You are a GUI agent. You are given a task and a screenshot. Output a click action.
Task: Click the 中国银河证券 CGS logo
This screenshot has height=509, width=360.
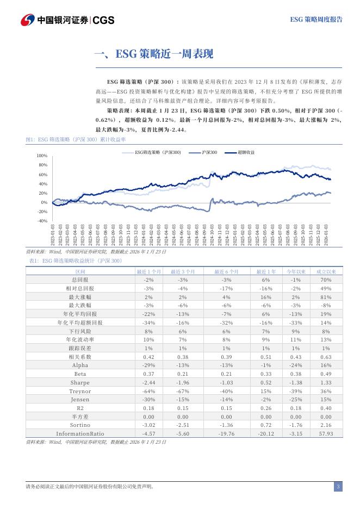67,20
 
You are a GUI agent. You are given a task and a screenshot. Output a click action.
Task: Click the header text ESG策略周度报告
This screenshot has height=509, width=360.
316,20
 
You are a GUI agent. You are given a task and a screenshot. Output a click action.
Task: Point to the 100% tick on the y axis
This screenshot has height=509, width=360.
42,156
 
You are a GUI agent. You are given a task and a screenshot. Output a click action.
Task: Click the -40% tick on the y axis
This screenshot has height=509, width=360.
42,221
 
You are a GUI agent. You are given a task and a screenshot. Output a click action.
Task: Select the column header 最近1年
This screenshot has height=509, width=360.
266,271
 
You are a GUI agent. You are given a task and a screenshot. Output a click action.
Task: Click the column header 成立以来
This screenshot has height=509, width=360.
326,271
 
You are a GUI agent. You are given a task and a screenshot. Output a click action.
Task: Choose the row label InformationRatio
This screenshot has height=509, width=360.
80,433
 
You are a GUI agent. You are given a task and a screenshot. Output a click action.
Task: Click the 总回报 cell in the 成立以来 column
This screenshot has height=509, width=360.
326,279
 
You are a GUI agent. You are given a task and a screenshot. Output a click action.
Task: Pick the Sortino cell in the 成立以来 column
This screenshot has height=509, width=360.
326,425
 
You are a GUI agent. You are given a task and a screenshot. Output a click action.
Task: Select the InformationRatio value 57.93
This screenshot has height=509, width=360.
326,433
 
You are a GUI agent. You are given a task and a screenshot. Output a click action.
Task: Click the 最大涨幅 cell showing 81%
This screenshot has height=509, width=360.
326,297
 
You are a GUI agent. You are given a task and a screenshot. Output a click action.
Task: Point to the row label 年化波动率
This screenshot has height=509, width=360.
80,339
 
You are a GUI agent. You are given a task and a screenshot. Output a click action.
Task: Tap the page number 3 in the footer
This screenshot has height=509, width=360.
338,487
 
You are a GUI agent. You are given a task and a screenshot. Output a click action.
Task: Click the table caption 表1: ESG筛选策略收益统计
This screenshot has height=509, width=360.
75,261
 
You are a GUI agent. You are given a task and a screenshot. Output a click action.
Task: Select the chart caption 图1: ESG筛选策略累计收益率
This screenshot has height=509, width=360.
76,140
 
